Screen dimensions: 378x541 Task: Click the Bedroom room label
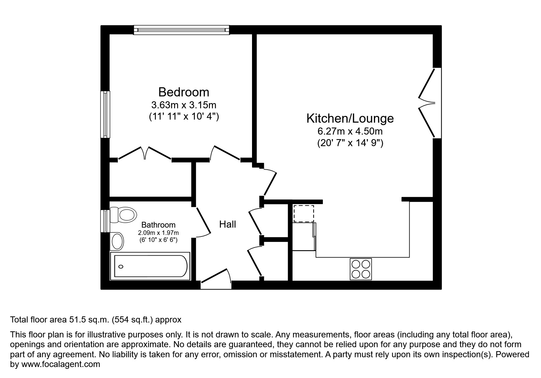(184, 92)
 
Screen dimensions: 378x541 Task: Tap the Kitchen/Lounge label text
(350, 118)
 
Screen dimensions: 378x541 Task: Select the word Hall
(228, 224)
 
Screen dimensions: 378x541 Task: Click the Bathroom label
(158, 225)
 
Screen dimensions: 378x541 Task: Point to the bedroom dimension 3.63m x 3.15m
(184, 105)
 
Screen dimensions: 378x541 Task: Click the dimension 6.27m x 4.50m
(350, 131)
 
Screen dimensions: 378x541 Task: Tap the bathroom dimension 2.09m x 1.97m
(158, 233)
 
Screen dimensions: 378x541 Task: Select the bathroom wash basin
(117, 241)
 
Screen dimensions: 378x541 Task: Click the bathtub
(150, 266)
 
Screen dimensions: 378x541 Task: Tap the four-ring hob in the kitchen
(361, 269)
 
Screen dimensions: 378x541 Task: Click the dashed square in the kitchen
(304, 213)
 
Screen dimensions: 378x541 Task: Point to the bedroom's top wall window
(181, 30)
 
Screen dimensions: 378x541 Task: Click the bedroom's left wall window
(105, 114)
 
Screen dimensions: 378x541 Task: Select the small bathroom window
(105, 221)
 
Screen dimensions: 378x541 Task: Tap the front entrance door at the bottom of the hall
(216, 279)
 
